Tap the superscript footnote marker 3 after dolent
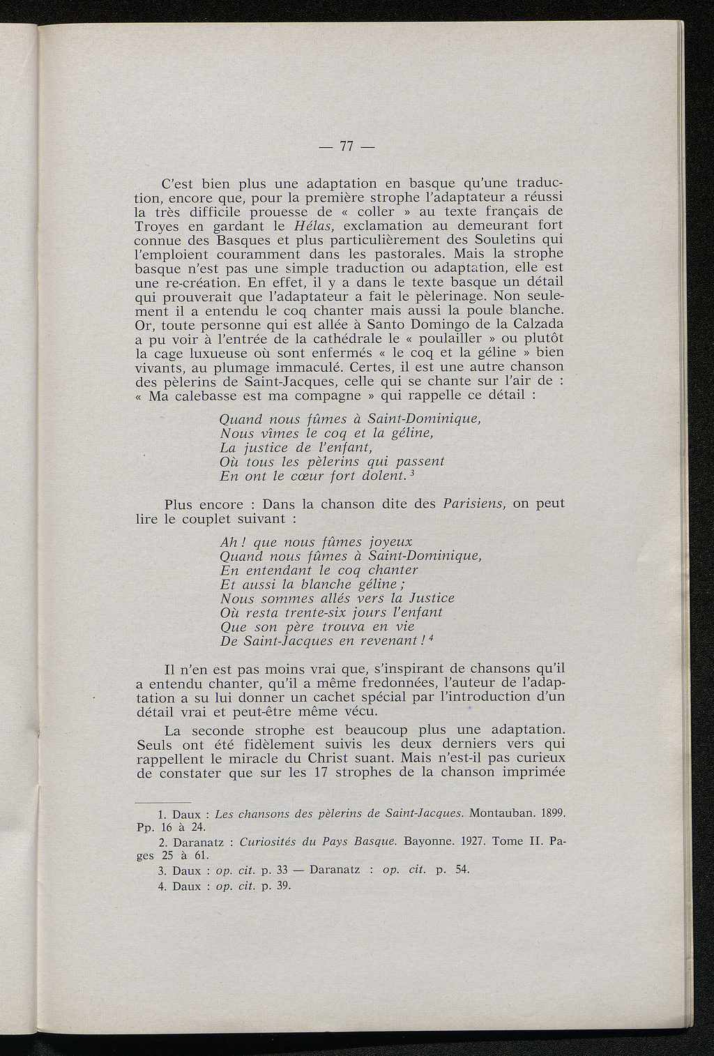[x=414, y=474]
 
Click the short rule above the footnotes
[x=162, y=802]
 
